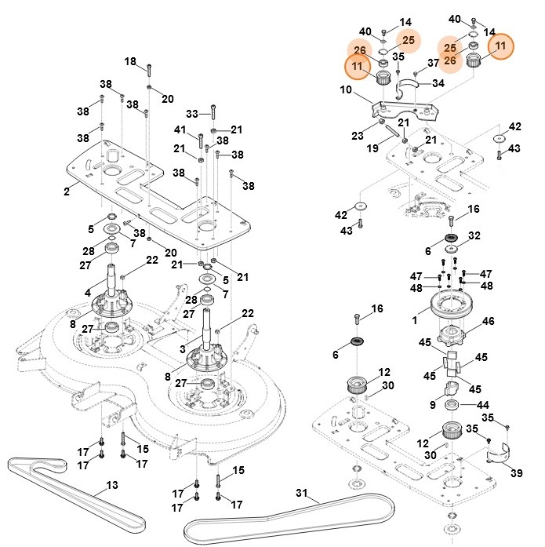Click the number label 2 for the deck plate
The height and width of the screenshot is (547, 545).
pyautogui.click(x=67, y=191)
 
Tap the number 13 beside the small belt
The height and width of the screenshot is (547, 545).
pyautogui.click(x=111, y=486)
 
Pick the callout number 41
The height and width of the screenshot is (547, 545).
pyautogui.click(x=180, y=129)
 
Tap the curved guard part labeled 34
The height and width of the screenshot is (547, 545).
pyautogui.click(x=409, y=84)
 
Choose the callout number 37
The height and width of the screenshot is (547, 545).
pyautogui.click(x=433, y=63)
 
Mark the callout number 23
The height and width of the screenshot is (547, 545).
pyautogui.click(x=357, y=135)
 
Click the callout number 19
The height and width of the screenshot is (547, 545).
pyautogui.click(x=372, y=148)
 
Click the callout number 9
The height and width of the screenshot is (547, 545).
pyautogui.click(x=432, y=404)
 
